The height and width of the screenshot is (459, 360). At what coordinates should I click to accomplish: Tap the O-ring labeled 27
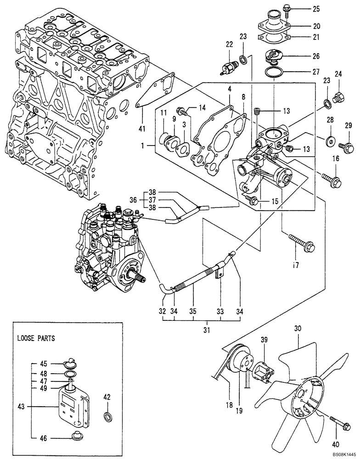(x=275, y=71)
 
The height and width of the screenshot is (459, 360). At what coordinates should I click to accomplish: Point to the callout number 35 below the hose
(x=193, y=311)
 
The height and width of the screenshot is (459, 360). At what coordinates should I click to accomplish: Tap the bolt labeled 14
(x=181, y=110)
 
